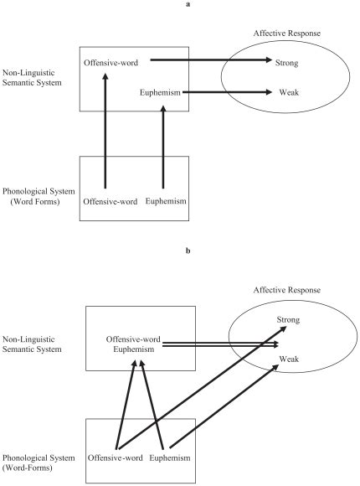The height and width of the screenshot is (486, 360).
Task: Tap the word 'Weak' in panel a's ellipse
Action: [x=290, y=92]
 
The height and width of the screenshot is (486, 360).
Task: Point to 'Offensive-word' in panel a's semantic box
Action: [x=112, y=62]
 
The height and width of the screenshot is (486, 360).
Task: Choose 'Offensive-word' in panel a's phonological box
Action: [x=112, y=202]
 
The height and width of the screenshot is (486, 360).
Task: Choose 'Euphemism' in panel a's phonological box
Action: [x=168, y=202]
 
